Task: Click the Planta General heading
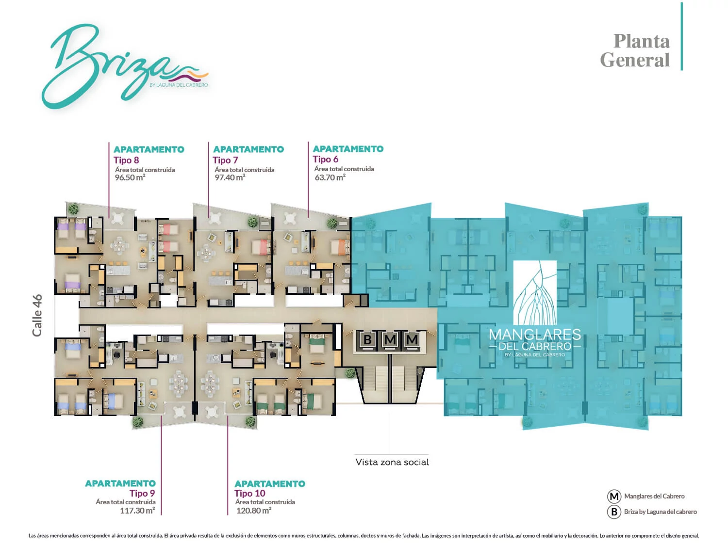click(635, 51)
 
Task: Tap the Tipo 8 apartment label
click(126, 161)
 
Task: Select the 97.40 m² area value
click(230, 177)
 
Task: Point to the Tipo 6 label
click(325, 160)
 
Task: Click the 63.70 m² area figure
click(330, 177)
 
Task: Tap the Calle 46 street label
click(37, 315)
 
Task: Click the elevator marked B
click(367, 339)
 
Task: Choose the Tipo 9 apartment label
click(142, 493)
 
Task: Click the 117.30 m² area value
click(137, 511)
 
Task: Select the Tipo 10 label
click(250, 493)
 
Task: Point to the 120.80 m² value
click(254, 511)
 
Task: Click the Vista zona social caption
click(392, 462)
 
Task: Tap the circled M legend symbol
click(614, 497)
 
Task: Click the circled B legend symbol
click(614, 512)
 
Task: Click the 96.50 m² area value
click(130, 177)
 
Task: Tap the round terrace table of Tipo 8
click(118, 218)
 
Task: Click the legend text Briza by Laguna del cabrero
click(661, 512)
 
